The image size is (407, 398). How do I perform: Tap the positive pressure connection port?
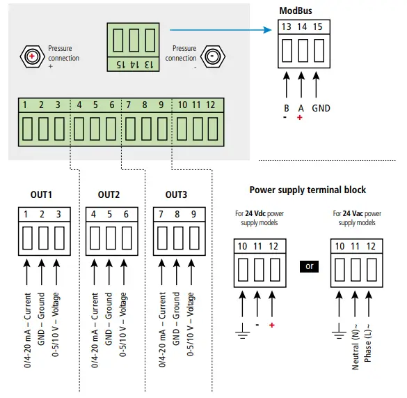pos(31,56)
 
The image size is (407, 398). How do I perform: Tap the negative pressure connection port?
pos(212,56)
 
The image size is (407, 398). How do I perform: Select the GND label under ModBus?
pos(321,109)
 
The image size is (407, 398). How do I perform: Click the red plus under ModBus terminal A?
pos(301,118)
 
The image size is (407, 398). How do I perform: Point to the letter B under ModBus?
pos(286,109)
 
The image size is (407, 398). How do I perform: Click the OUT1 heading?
pos(41,194)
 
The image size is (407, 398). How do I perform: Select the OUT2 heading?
pos(109,194)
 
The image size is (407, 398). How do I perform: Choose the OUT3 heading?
pos(177,194)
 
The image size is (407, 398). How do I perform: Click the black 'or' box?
pos(310,266)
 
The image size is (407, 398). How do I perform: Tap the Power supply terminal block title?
pos(307,190)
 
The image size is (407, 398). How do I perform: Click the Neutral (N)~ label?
pos(356,342)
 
